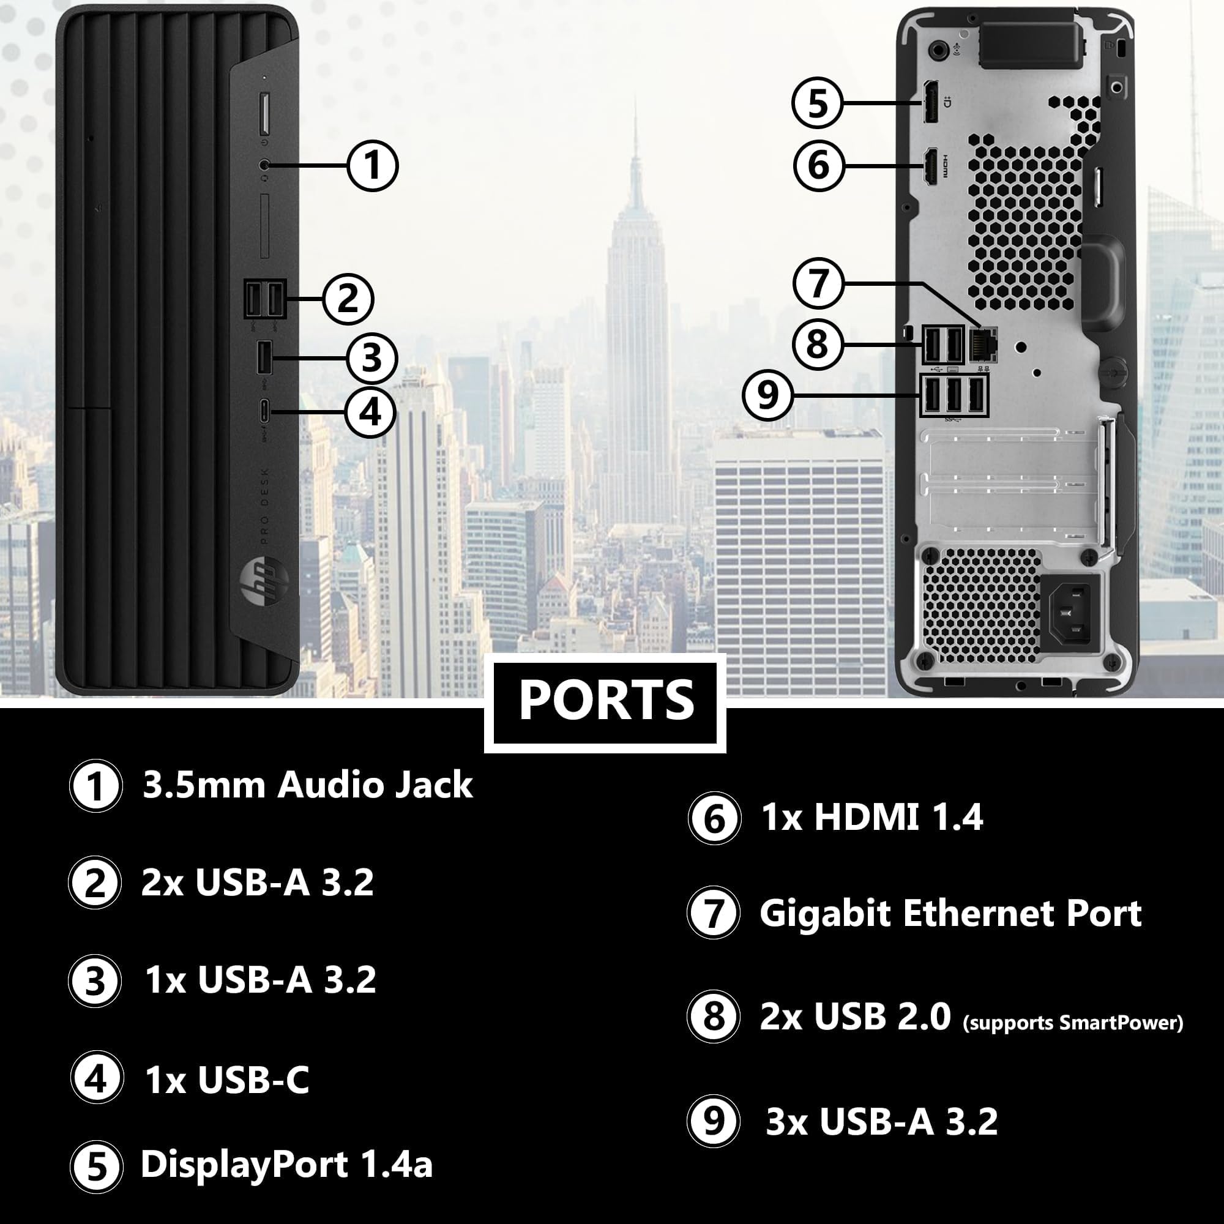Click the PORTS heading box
click(x=605, y=703)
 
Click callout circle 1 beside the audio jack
click(x=373, y=166)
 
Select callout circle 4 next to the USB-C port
click(x=370, y=412)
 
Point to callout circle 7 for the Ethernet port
click(x=818, y=283)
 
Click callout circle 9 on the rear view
click(x=768, y=395)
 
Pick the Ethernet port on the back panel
click(x=983, y=345)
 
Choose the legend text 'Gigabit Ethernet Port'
click(x=950, y=914)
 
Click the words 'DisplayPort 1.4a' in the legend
click(x=286, y=1165)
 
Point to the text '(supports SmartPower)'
click(x=1073, y=1023)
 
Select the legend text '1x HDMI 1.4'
click(x=871, y=816)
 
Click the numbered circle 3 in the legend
click(x=95, y=982)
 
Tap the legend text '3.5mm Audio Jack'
click(x=308, y=785)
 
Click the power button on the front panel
click(x=264, y=114)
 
